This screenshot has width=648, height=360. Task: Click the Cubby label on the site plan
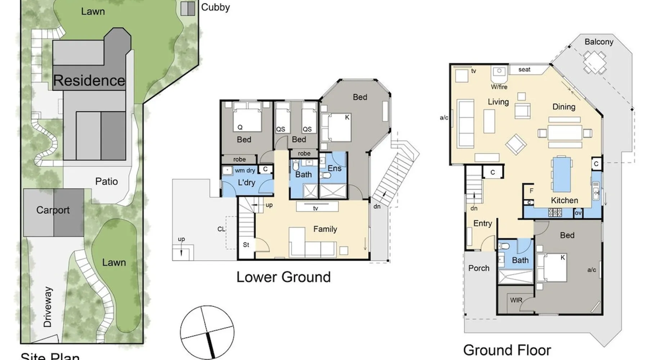click(x=215, y=7)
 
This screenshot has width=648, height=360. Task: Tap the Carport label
click(x=53, y=210)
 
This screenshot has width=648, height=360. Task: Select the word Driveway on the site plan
click(x=48, y=307)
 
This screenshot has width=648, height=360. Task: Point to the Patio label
click(x=107, y=181)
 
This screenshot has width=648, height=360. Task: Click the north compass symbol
click(x=207, y=332)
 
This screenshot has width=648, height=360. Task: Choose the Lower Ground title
click(x=283, y=277)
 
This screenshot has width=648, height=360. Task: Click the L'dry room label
click(x=247, y=183)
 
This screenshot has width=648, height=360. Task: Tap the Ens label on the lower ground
click(x=334, y=168)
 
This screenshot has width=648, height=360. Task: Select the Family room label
click(x=325, y=229)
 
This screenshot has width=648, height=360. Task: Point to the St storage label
click(x=246, y=245)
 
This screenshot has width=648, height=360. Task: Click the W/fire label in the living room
click(x=499, y=87)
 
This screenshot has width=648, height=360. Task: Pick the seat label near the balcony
click(x=524, y=69)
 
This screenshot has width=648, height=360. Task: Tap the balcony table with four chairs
click(x=595, y=62)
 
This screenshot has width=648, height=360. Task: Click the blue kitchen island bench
click(x=562, y=174)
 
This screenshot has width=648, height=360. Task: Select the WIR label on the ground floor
click(x=516, y=300)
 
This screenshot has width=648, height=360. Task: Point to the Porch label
click(x=479, y=268)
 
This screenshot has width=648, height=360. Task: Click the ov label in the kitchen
click(x=578, y=213)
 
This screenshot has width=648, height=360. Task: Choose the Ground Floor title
click(x=507, y=350)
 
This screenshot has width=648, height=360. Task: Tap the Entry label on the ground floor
click(x=482, y=224)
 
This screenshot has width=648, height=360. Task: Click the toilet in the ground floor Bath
click(x=505, y=246)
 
